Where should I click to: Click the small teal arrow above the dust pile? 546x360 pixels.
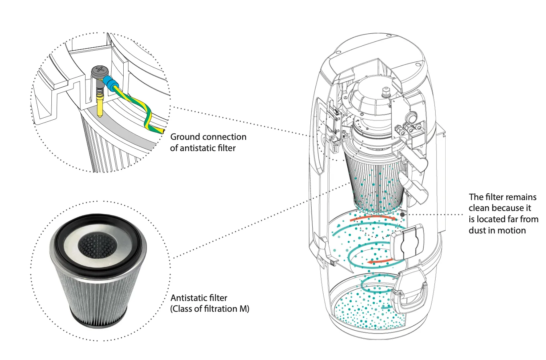[387, 307]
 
